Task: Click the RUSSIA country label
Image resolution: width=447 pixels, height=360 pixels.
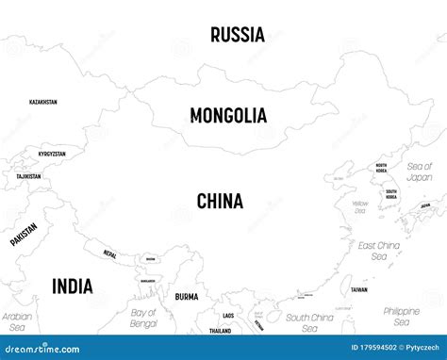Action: (238, 36)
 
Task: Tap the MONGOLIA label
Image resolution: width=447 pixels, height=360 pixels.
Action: (228, 116)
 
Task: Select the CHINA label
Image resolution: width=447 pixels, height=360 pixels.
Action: (220, 201)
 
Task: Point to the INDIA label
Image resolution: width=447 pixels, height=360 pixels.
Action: (72, 286)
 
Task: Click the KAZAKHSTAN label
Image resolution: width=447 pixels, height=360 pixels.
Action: (43, 102)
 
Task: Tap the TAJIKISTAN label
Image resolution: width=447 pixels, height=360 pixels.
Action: (28, 176)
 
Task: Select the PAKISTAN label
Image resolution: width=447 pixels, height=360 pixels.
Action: (25, 233)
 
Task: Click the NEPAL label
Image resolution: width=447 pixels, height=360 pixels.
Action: (110, 254)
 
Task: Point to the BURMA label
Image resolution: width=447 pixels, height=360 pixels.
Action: (187, 297)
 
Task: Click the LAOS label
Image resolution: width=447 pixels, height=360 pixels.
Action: (228, 315)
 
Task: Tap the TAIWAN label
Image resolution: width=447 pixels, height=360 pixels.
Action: (359, 290)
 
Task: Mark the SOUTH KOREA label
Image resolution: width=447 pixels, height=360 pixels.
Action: (391, 195)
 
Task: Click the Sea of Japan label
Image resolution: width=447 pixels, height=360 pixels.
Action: (419, 171)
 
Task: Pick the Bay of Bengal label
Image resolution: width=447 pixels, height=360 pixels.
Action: (143, 318)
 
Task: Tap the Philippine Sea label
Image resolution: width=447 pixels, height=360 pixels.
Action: (401, 316)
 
